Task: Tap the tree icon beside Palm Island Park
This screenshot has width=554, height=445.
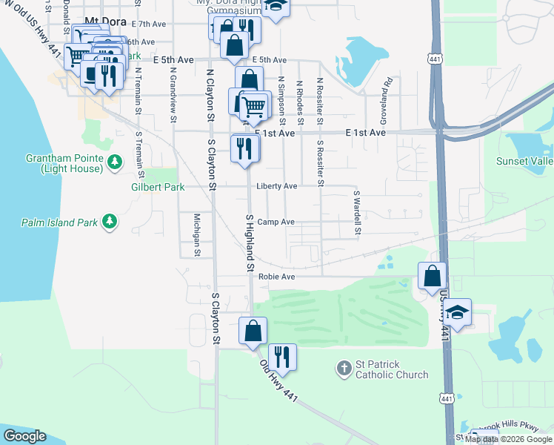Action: point(109,221)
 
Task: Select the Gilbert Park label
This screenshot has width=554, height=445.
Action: point(158,188)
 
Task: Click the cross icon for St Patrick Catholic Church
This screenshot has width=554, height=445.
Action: point(343,367)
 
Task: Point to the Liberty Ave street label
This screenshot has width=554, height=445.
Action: point(277,186)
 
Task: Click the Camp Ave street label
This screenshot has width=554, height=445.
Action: point(276,222)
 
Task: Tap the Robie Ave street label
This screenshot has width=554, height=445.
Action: point(277,277)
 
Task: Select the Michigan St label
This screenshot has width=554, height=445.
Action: point(197,234)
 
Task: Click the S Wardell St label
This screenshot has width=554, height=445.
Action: point(356,212)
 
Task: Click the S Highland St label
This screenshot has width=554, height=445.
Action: point(250,243)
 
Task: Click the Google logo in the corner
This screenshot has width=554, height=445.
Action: point(24,436)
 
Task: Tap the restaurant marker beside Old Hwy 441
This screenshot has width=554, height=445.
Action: point(281,357)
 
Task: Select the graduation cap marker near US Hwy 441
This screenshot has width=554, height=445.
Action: point(458,312)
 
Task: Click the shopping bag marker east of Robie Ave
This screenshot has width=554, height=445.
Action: point(432,276)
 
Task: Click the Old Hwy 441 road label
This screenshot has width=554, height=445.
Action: point(278,381)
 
